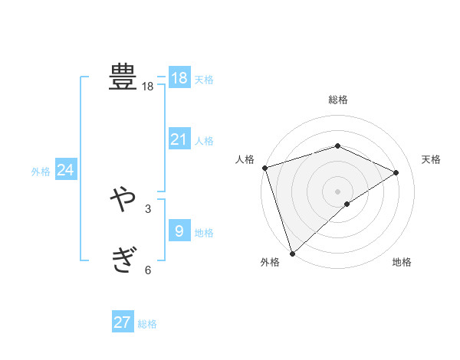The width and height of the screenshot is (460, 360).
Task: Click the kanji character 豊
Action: [123, 77]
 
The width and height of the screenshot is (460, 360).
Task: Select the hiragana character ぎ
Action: [123, 260]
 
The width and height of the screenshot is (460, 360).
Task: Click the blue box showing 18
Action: [179, 78]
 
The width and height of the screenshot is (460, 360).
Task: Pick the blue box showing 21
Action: [179, 139]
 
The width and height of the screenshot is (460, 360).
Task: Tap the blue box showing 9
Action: [179, 231]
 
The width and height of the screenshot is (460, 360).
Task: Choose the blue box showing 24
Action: [66, 170]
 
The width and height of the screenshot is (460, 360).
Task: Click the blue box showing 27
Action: [123, 322]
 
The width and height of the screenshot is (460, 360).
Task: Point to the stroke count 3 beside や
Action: [147, 209]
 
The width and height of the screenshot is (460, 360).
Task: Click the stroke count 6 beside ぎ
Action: [147, 270]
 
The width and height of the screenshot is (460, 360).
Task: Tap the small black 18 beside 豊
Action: [147, 87]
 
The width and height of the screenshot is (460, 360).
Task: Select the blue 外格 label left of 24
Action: [41, 172]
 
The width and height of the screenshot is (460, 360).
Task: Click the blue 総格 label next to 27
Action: [147, 324]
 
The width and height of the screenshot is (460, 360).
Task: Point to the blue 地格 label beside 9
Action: [204, 233]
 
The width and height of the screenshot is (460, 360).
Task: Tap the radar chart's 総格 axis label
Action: [337, 100]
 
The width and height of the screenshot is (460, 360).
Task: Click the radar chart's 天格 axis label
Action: [432, 159]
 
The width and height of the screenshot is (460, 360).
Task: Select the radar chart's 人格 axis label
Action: [245, 159]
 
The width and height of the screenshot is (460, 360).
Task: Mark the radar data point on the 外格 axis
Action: [292, 252]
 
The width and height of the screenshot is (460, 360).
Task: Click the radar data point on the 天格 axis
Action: [396, 172]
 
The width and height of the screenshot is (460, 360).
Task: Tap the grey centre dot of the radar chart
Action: [337, 191]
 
